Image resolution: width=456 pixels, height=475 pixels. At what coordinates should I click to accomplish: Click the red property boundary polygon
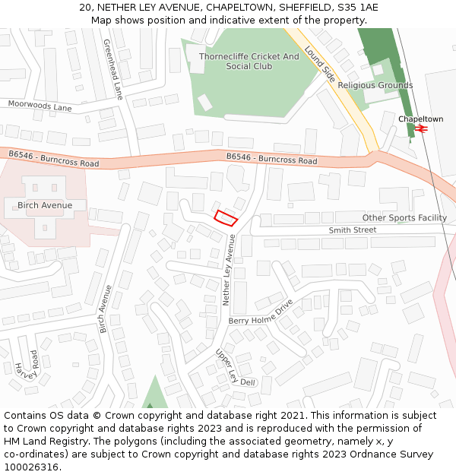pyautogui.click(x=226, y=217)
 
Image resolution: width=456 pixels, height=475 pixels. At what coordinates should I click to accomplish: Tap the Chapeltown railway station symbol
pyautogui.click(x=422, y=129)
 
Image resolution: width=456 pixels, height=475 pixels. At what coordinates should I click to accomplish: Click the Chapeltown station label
pyautogui.click(x=420, y=119)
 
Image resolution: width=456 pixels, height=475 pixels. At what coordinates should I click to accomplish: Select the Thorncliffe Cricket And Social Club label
pyautogui.click(x=249, y=62)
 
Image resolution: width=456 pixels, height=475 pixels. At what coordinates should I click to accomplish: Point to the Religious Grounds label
pyautogui.click(x=375, y=86)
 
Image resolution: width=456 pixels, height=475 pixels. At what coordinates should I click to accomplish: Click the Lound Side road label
pyautogui.click(x=319, y=63)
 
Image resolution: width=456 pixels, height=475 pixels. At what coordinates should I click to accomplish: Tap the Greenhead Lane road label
pyautogui.click(x=112, y=69)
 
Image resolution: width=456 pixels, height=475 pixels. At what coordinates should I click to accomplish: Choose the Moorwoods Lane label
pyautogui.click(x=40, y=106)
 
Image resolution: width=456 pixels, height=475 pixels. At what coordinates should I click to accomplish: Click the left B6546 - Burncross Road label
pyautogui.click(x=54, y=159)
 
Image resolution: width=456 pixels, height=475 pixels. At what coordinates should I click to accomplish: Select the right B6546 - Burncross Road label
pyautogui.click(x=271, y=159)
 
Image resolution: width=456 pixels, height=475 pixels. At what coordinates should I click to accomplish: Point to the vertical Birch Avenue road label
pyautogui.click(x=106, y=309)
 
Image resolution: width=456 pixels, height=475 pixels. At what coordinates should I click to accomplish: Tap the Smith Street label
pyautogui.click(x=352, y=230)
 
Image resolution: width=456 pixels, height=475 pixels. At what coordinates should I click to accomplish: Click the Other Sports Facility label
pyautogui.click(x=404, y=217)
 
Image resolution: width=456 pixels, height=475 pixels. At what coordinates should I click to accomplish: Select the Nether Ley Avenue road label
pyautogui.click(x=229, y=270)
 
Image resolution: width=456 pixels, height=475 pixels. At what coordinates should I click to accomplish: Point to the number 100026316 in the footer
pyautogui.click(x=30, y=467)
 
